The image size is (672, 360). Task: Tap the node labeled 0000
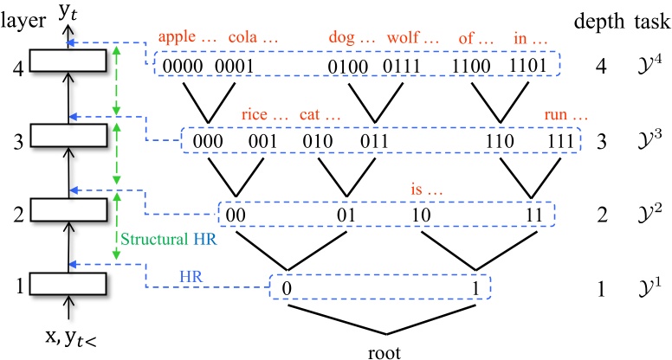tap(183, 64)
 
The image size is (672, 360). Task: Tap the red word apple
tap(177, 39)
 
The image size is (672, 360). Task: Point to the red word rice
tap(256, 115)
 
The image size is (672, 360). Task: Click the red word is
tap(418, 188)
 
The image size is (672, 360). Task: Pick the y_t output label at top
tap(68, 10)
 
